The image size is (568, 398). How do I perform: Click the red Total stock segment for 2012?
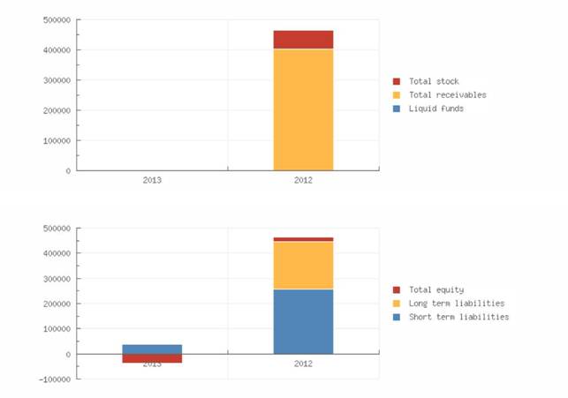tap(303, 40)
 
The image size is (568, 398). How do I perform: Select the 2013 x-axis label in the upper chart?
tap(152, 179)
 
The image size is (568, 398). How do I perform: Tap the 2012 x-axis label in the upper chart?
tap(303, 179)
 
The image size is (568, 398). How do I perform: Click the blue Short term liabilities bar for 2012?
tap(303, 321)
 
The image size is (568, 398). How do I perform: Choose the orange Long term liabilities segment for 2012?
tap(303, 265)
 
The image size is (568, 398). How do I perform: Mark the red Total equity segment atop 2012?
tap(303, 238)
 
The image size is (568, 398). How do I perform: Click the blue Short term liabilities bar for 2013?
tap(152, 349)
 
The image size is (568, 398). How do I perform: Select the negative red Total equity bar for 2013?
tap(152, 358)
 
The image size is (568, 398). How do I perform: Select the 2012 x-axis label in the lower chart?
tap(303, 363)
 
